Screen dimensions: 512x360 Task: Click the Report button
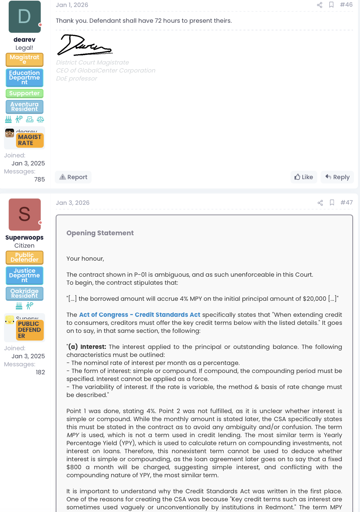[73, 177]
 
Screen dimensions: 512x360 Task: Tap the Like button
[304, 177]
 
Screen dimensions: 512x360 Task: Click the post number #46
[346, 5]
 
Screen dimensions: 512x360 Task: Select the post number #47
[346, 203]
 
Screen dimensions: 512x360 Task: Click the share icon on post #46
[320, 5]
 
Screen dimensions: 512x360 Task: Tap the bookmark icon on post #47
[332, 203]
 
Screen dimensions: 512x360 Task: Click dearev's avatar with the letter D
[25, 17]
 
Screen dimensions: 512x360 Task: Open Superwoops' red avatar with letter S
[25, 215]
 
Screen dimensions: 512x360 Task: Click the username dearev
[24, 40]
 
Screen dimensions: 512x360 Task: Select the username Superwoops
[24, 238]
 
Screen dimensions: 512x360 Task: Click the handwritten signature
[84, 45]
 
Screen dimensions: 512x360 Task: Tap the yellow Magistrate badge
[24, 59]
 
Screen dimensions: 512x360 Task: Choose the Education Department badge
[24, 78]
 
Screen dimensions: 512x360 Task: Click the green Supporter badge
[24, 93]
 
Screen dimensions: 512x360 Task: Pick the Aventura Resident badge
[24, 107]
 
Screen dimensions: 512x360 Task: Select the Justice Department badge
[24, 275]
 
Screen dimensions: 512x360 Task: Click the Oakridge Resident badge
[24, 293]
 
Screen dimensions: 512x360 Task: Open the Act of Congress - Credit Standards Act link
[140, 315]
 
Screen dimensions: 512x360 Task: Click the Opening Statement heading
[100, 233]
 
